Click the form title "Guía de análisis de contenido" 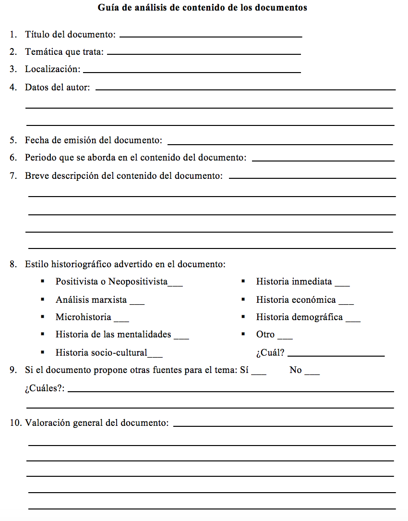click(202, 8)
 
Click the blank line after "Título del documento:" click(211, 36)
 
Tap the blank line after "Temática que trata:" click(204, 53)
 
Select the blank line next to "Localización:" click(192, 72)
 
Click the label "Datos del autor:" click(57, 87)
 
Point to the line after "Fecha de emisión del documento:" click(280, 143)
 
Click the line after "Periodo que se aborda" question click(323, 160)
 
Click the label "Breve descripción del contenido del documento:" click(124, 176)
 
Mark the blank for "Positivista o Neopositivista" click(175, 285)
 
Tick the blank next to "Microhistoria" click(121, 320)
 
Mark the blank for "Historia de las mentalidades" click(181, 337)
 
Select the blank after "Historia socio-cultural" click(155, 356)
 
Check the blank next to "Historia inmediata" click(342, 285)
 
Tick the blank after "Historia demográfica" click(353, 320)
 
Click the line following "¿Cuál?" click(336, 355)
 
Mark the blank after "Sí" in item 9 click(259, 373)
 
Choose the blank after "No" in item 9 click(312, 373)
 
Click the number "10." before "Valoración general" click(15, 423)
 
